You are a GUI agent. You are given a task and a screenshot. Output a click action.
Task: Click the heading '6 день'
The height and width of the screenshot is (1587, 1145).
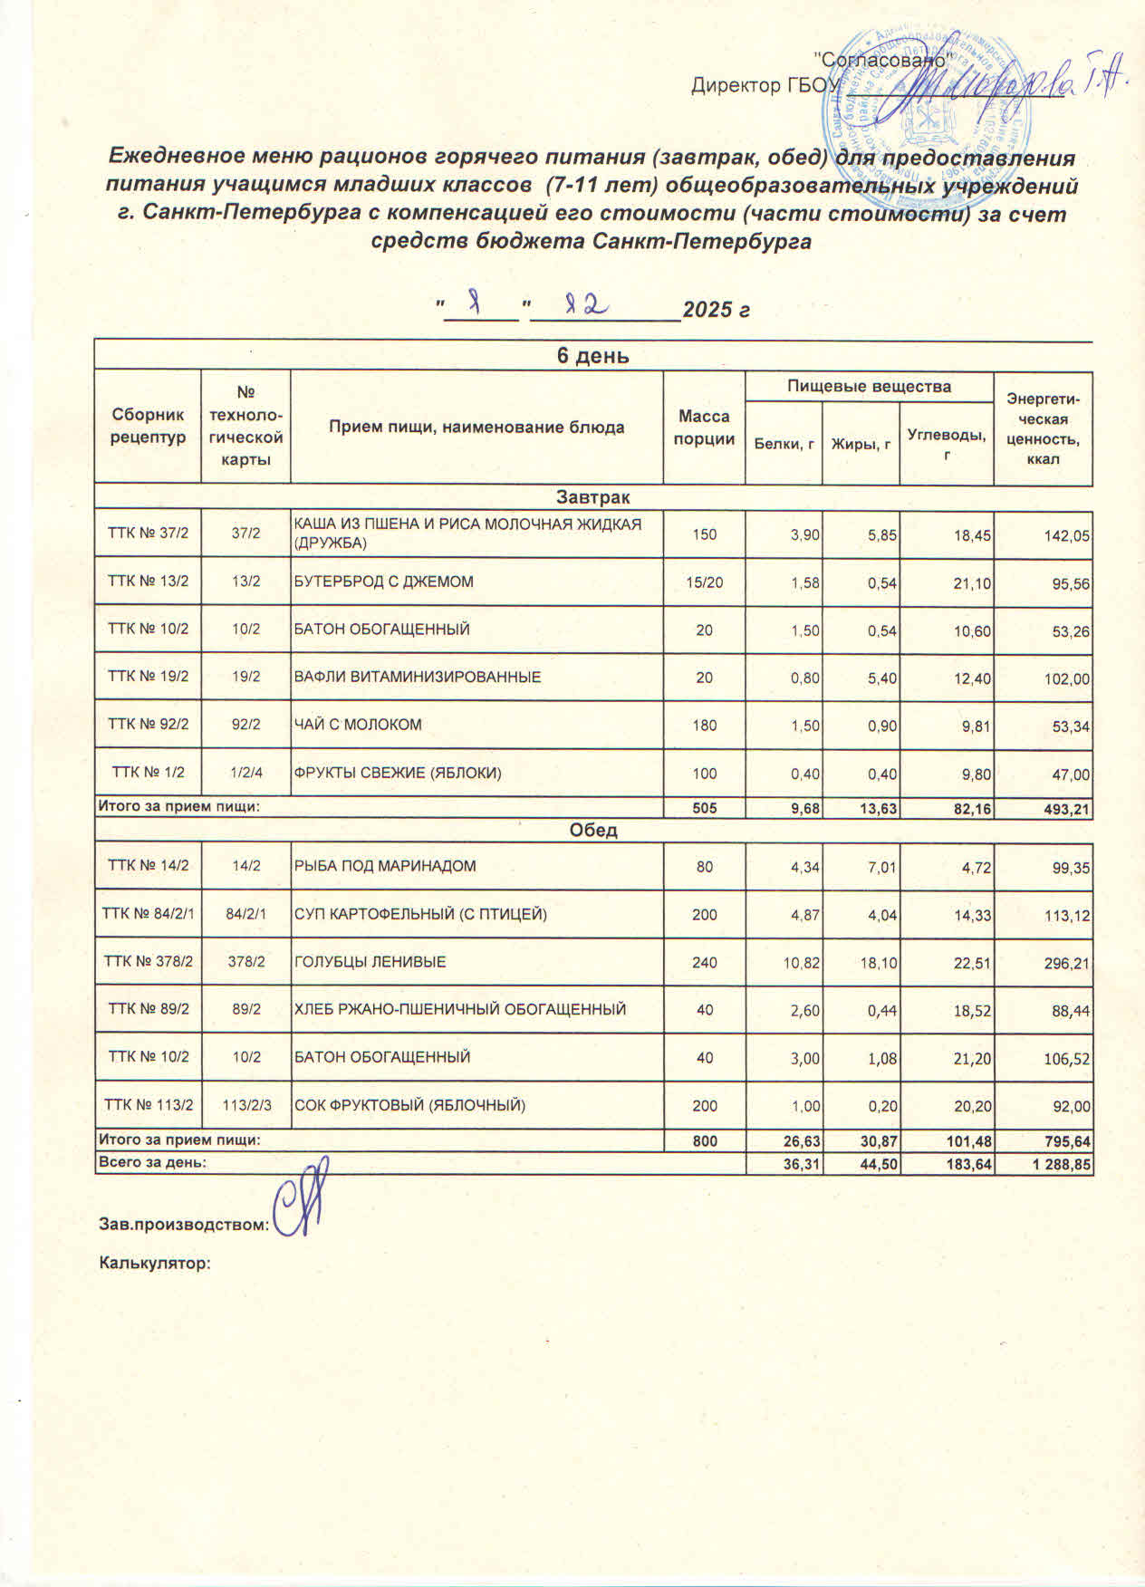(592, 356)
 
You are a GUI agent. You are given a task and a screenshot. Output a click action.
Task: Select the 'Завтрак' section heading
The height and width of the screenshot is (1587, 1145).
(593, 497)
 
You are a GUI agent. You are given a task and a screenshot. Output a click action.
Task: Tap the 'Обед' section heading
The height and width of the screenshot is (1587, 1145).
(593, 830)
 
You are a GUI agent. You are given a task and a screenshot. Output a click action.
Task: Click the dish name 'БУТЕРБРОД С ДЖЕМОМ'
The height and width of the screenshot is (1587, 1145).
(383, 582)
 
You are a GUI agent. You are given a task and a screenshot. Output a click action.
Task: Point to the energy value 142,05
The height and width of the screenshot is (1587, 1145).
(1066, 535)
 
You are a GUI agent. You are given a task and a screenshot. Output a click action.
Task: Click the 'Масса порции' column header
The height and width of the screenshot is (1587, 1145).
(704, 428)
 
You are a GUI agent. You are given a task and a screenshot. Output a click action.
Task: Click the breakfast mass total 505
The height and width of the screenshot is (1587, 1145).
(704, 808)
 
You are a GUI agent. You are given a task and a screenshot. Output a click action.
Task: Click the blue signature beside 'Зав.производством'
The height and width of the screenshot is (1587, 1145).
(302, 1200)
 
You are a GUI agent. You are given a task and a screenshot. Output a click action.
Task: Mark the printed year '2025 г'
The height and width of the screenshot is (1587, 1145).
(716, 311)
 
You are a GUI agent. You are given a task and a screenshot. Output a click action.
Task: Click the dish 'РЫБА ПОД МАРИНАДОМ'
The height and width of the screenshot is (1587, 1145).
(385, 867)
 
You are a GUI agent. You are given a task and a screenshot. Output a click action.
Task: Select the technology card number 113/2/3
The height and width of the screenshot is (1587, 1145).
(245, 1105)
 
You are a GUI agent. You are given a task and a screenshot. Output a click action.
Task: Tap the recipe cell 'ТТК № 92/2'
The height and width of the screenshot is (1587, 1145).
(148, 725)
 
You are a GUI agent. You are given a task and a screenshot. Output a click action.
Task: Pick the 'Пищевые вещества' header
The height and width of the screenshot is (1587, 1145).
(869, 387)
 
